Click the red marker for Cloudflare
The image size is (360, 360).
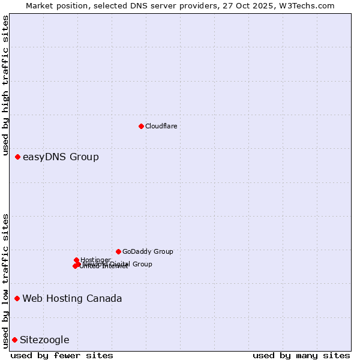click(141, 126)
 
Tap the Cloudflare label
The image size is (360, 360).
click(161, 126)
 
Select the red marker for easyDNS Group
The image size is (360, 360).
click(17, 157)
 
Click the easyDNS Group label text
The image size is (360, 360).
click(61, 157)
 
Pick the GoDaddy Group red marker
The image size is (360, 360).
click(118, 251)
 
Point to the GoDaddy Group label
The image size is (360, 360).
click(148, 252)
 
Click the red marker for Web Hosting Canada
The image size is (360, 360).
click(17, 298)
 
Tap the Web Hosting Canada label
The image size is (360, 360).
click(72, 299)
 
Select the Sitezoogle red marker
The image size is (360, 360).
click(14, 340)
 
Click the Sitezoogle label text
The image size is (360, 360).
click(44, 340)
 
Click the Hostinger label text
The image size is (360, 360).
click(95, 260)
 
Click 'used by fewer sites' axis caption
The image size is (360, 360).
click(62, 355)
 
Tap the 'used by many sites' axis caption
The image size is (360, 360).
click(301, 355)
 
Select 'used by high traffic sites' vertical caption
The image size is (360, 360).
click(5, 86)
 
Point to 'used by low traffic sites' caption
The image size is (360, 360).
click(5, 280)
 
